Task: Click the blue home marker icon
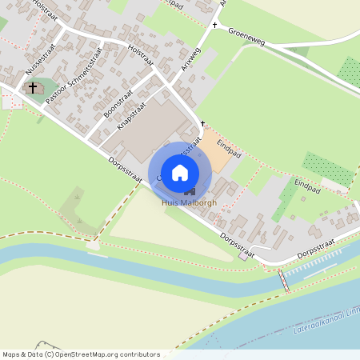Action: point(180,172)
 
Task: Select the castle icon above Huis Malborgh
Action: point(190,191)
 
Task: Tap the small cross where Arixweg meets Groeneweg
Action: point(214,26)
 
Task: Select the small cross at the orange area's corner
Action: point(203,123)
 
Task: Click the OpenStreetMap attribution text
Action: point(81,354)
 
